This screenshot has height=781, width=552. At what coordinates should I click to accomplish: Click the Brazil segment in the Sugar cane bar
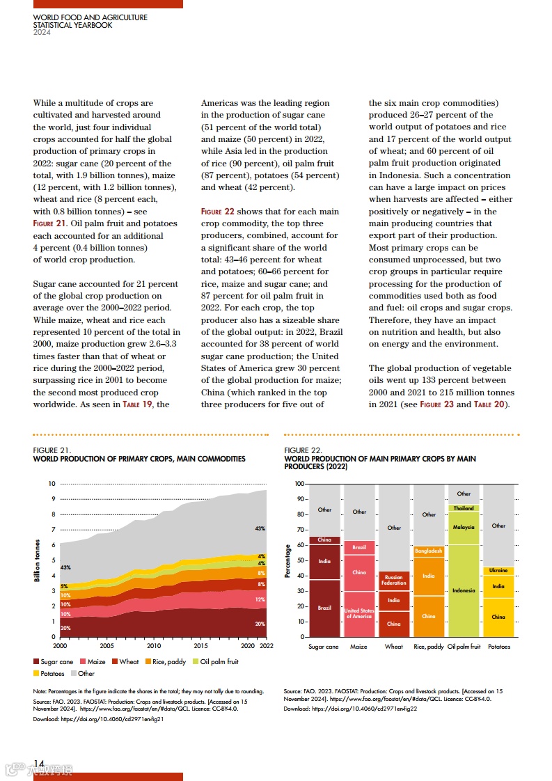pos(324,608)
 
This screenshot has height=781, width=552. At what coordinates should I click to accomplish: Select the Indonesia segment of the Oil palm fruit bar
pos(464,590)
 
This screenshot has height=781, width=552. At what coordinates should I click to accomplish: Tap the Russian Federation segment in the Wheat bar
pos(394,581)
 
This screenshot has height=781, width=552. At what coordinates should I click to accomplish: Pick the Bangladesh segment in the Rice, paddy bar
pos(429,551)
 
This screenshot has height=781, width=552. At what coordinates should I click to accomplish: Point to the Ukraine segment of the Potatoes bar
pos(498,571)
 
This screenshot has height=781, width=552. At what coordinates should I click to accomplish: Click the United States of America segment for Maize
pos(359,614)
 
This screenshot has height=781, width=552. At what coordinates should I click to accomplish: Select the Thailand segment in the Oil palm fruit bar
pos(464,508)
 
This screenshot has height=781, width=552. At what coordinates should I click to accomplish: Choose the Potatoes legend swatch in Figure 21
pos(37,674)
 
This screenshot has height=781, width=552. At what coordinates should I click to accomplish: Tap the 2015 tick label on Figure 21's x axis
pos(200,646)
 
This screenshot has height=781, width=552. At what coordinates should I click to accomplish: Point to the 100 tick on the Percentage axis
pos(299,484)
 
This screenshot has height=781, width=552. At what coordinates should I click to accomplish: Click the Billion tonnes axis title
pos(38,560)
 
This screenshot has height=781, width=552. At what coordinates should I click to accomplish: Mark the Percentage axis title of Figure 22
pos(288,560)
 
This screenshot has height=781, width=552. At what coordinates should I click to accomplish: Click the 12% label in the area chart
pos(260,599)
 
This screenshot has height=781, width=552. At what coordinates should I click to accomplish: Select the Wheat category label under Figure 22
pos(394,647)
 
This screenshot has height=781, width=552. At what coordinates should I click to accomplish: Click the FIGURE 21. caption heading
pos(52,451)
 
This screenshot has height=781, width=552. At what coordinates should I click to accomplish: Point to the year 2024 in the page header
pos(42,32)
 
